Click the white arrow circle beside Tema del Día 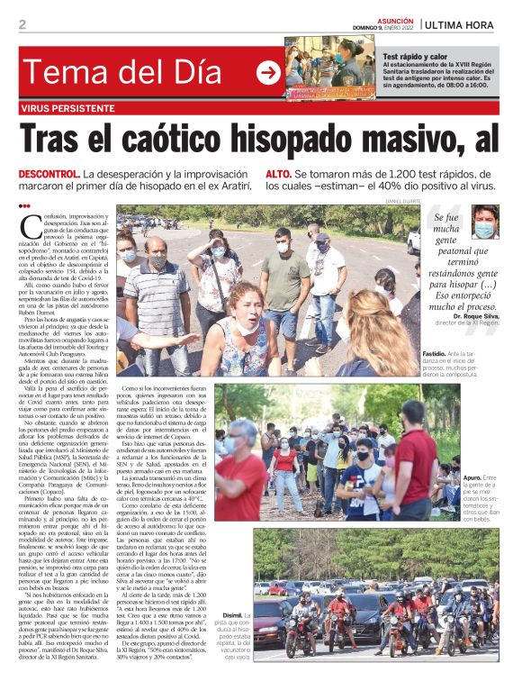tap(268, 73)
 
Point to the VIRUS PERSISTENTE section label tap(65, 108)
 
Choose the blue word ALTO tap(276, 173)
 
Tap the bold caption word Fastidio tap(437, 354)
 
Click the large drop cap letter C tap(31, 227)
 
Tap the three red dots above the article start tap(24, 206)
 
